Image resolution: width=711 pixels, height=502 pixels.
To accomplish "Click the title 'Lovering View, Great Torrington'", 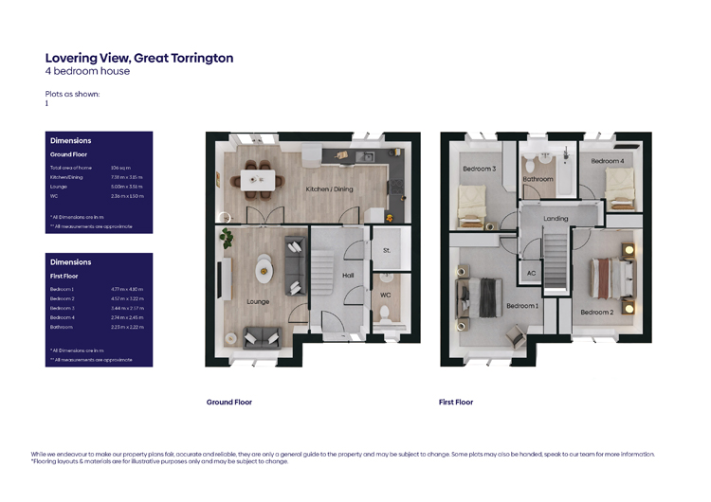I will [138, 58].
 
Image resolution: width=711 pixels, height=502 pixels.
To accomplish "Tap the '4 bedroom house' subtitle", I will [87, 71].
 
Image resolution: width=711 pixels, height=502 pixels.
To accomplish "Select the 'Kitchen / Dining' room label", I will [329, 189].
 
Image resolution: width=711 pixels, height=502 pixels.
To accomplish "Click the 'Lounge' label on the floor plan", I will [257, 302].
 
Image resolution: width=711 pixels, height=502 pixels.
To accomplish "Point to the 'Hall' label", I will [348, 276].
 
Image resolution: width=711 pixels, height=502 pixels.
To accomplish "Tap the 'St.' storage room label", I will [386, 251].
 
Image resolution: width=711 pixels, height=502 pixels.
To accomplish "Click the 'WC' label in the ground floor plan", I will [385, 295].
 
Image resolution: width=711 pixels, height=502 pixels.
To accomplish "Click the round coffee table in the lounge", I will [263, 272].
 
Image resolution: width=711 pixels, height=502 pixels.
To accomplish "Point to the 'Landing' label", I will [556, 219].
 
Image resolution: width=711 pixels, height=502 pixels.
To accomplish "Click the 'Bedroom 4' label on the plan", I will [608, 161].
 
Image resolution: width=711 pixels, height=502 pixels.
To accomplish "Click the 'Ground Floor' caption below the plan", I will [228, 403].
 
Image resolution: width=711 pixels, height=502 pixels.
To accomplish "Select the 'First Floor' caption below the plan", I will [455, 403].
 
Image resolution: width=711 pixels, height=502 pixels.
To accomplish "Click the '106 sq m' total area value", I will [119, 168].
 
